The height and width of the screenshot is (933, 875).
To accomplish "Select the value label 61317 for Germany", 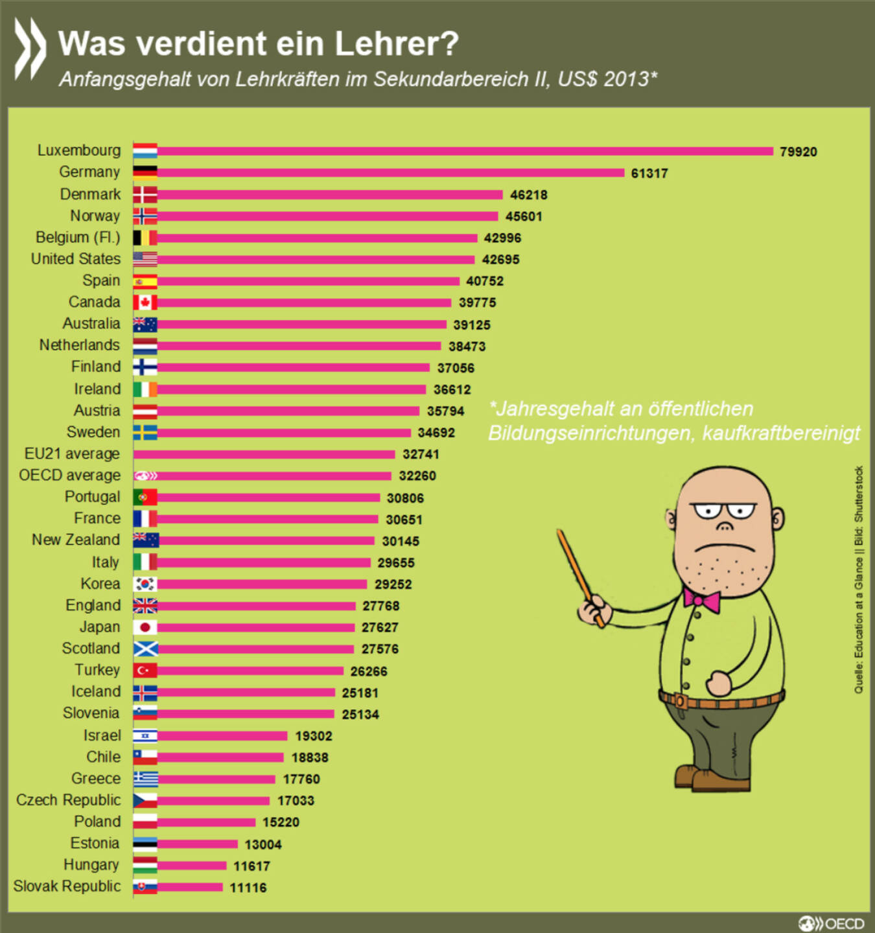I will [x=649, y=173].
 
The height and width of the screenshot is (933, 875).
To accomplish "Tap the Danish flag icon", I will [x=145, y=194].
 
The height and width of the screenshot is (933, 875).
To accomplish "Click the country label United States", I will [x=76, y=259].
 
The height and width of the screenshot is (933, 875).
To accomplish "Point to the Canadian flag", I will [x=145, y=303].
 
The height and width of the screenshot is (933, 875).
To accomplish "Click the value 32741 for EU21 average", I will [x=421, y=454].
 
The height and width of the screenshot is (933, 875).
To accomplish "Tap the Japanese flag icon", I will [x=145, y=627].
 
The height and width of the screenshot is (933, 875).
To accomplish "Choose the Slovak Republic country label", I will [x=67, y=886].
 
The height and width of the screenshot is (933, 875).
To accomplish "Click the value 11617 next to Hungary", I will [x=251, y=866].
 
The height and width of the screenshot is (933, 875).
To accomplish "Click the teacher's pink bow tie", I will [x=702, y=599].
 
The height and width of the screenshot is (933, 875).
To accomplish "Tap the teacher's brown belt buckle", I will [x=679, y=701].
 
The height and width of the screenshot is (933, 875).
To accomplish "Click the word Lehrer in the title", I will [x=396, y=43].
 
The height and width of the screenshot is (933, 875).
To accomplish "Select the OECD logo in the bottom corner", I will [x=832, y=923].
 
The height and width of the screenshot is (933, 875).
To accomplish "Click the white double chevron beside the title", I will [x=30, y=49].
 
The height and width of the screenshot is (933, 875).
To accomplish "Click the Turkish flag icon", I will [x=145, y=670].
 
